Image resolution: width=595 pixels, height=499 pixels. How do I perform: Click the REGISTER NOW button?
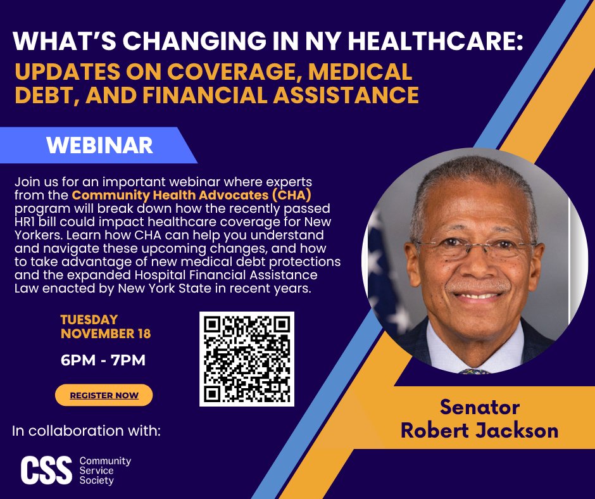point(104,395)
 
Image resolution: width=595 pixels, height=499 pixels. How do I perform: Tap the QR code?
point(247,359)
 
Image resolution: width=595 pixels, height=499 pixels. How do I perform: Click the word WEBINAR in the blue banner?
point(99,145)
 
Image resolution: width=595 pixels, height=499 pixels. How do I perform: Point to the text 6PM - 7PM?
point(103,361)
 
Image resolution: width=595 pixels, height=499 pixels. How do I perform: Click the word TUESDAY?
point(89,320)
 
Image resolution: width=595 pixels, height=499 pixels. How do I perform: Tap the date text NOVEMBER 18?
point(106,334)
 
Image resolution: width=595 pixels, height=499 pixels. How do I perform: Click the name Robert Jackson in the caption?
point(480,431)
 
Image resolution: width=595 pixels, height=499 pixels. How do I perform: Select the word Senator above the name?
point(480,406)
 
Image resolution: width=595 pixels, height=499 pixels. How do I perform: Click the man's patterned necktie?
point(475,370)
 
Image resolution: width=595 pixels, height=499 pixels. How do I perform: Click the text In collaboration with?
point(86,432)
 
